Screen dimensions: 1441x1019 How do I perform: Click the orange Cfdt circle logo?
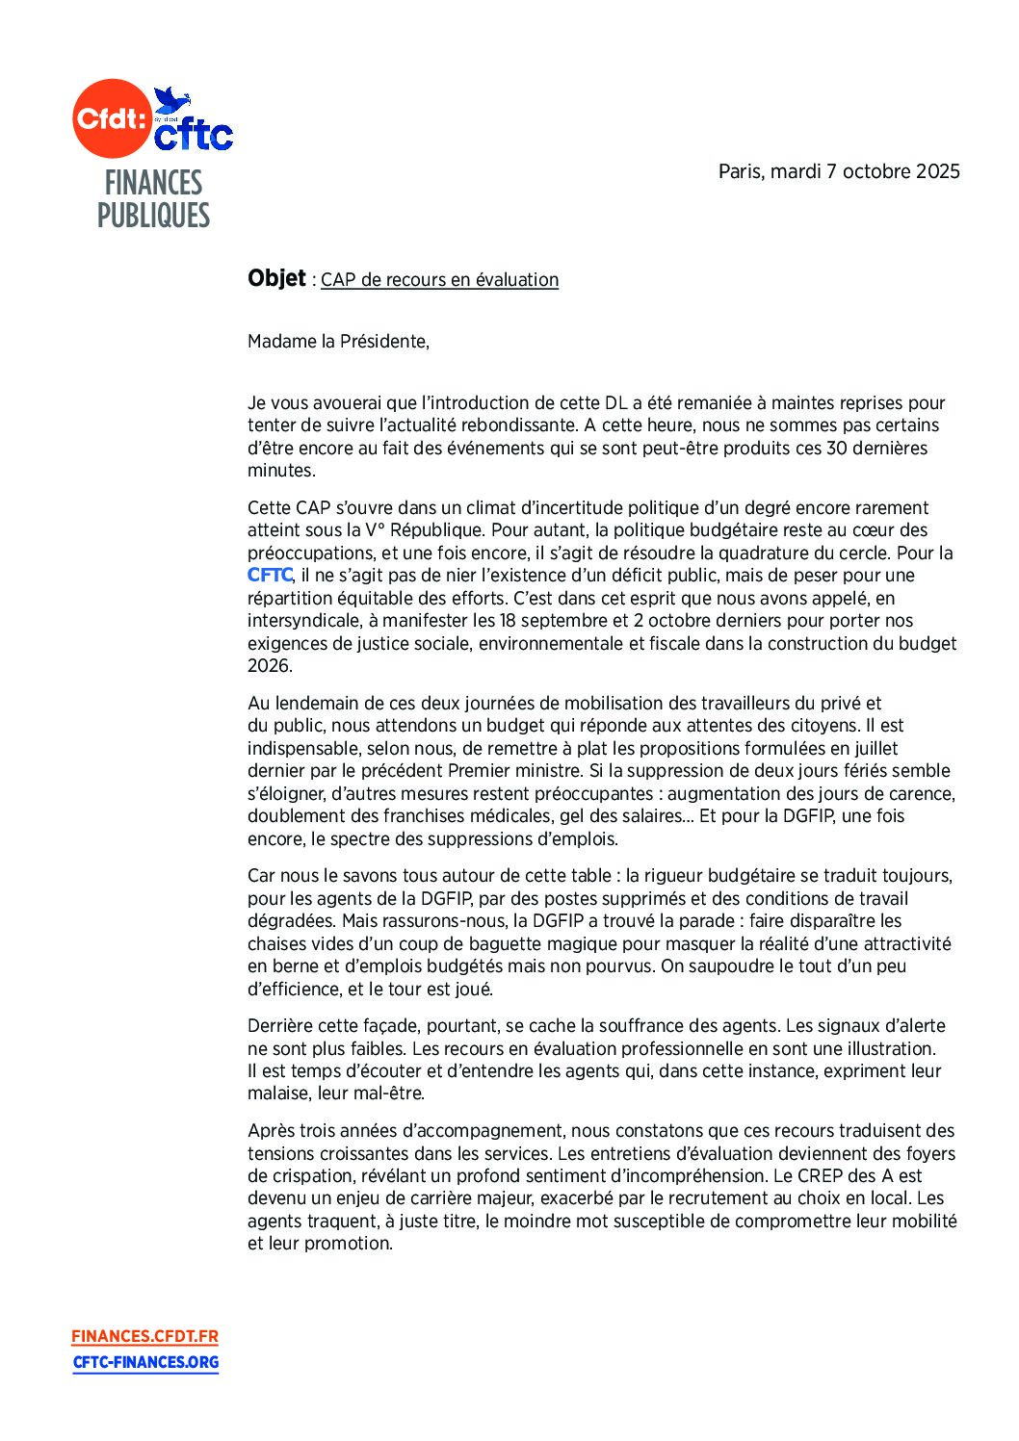coord(110,118)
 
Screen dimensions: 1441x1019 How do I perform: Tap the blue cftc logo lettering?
coord(195,136)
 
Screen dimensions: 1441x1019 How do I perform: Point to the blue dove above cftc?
coord(173,99)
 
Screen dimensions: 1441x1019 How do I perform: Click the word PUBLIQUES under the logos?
coord(153,215)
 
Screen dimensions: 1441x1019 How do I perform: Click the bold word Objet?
coord(276,278)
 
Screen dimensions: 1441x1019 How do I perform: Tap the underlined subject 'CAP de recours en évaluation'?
coord(439,280)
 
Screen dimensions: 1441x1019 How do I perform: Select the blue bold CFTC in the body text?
coord(270,576)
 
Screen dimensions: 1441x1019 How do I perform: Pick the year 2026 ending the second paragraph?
coord(270,666)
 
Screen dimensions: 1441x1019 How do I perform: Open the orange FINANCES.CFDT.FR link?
coord(144,1336)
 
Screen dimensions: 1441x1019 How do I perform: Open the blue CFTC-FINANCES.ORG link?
coord(145,1362)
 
